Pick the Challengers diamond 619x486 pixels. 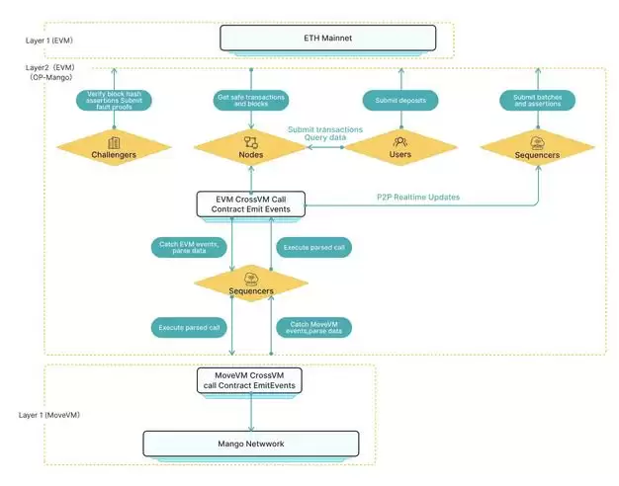click(114, 148)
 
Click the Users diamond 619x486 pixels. click(400, 148)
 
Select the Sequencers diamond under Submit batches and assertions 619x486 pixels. click(537, 148)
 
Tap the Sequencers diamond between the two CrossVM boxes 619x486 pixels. click(250, 284)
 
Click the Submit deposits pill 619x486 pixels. click(399, 100)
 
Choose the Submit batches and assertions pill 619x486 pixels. click(537, 100)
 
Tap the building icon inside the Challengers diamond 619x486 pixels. click(114, 143)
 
